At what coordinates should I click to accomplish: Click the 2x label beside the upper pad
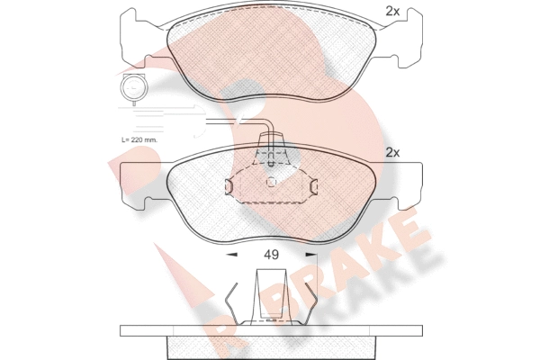click(x=392, y=12)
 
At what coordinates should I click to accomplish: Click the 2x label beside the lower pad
click(x=392, y=152)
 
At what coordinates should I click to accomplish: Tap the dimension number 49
click(x=272, y=255)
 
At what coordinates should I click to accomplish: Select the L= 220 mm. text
click(x=139, y=140)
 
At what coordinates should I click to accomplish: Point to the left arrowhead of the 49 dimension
click(x=231, y=255)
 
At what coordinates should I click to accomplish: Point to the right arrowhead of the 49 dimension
click(x=311, y=255)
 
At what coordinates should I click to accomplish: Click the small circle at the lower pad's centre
click(x=272, y=182)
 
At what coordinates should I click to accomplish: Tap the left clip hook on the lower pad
click(x=229, y=186)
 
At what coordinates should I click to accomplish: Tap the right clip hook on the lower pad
click(x=314, y=186)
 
